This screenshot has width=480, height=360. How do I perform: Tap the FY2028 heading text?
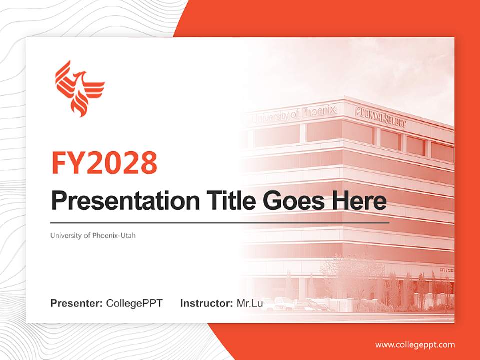pyautogui.click(x=104, y=163)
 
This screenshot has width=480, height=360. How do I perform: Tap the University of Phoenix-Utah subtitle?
pyautogui.click(x=93, y=236)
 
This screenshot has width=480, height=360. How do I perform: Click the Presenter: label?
pyautogui.click(x=77, y=303)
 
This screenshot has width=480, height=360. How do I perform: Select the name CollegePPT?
pyautogui.click(x=134, y=303)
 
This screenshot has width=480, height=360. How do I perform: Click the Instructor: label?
pyautogui.click(x=206, y=303)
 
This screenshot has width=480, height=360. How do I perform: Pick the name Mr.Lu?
pyautogui.click(x=249, y=303)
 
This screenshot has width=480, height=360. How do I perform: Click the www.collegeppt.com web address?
pyautogui.click(x=415, y=344)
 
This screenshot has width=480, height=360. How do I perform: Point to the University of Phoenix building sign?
pyautogui.click(x=295, y=113)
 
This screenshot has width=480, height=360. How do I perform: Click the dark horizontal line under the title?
pyautogui.click(x=220, y=222)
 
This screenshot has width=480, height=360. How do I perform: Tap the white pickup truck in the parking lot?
pyautogui.click(x=285, y=303)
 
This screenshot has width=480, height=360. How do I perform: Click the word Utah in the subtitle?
pyautogui.click(x=127, y=236)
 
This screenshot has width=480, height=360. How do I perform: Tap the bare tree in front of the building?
pyautogui.click(x=345, y=272)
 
